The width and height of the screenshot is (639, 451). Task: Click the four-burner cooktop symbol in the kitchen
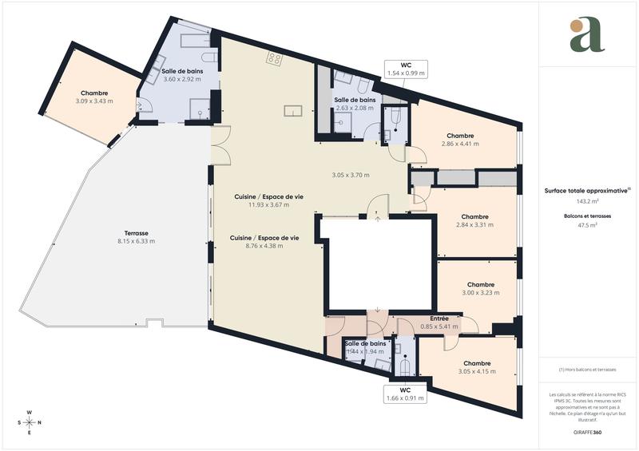point(275,57)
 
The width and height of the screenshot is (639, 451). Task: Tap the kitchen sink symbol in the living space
point(292,110)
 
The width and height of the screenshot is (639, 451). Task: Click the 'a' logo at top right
point(587,34)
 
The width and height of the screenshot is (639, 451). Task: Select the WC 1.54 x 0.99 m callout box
point(407,69)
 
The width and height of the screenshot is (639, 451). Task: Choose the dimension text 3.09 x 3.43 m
point(94,101)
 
